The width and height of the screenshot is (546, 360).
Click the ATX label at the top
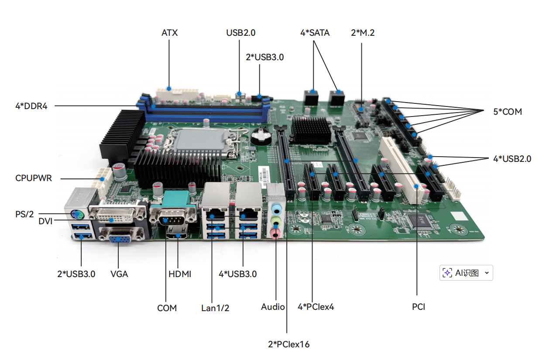coord(169,33)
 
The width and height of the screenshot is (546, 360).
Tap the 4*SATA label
coord(315,33)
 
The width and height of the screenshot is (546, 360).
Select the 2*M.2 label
coord(363,33)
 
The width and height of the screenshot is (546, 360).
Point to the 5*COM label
coord(507,112)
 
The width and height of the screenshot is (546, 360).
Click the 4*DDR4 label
coord(31,106)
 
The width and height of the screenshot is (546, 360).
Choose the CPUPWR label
coord(34,178)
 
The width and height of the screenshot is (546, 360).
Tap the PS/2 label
coord(24,214)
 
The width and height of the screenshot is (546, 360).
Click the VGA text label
coord(119,274)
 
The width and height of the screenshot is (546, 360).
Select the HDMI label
coord(180,274)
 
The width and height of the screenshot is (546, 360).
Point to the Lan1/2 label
coord(215,308)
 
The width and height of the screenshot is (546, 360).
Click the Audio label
coord(273,307)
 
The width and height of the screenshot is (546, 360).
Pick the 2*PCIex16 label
coord(288,344)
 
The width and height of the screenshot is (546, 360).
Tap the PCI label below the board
coord(419,307)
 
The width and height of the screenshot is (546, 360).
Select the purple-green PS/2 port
coord(77,214)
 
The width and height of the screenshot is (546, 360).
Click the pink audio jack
coord(275,234)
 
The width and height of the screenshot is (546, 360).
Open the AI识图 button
coord(466,273)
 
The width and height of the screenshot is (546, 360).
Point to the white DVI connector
coord(117,214)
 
